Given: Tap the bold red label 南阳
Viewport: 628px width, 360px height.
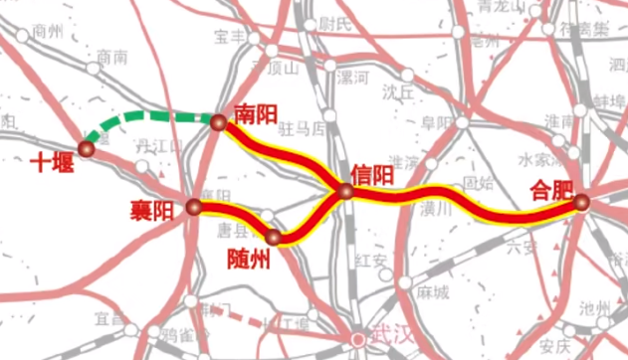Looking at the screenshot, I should pos(255,112).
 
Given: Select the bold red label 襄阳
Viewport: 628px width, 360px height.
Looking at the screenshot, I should pos(151,210).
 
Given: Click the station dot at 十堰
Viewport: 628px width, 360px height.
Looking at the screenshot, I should pos(87,148).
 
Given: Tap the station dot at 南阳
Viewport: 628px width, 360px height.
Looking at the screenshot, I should pos(219,122).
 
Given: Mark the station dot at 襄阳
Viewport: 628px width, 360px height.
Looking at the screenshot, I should pos(193,207).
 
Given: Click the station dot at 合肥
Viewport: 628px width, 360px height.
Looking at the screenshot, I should pos(581,203).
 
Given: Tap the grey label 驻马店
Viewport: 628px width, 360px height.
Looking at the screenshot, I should pos(302,129).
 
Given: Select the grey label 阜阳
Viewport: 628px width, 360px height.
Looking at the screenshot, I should pos(436,122).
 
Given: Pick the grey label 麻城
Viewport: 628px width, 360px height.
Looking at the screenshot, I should pos(432,293).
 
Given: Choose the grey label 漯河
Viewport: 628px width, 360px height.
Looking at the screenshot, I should pos(353,76).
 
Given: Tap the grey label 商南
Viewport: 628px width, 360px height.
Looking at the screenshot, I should pos(112,59).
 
